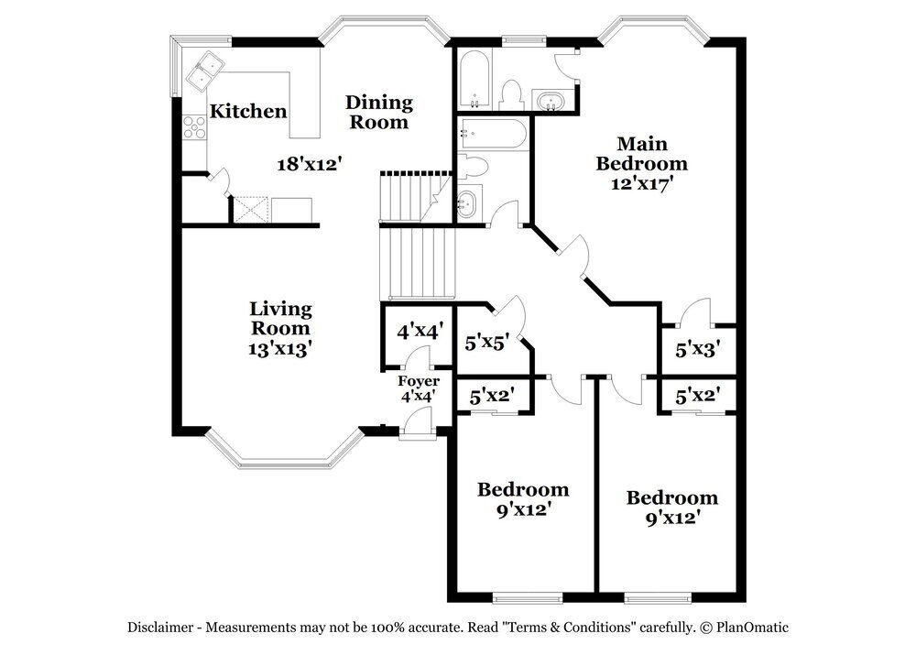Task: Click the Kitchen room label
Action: tap(248, 112)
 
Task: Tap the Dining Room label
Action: tap(378, 112)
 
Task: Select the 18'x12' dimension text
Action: tap(310, 164)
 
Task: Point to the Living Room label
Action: tap(281, 318)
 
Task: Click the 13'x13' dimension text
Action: tap(281, 348)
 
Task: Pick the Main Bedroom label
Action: tap(641, 153)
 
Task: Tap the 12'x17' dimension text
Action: tap(641, 182)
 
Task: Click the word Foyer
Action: tap(418, 381)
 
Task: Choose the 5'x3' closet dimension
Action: tap(698, 349)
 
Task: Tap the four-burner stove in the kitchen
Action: tap(194, 126)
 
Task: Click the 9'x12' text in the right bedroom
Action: tap(671, 518)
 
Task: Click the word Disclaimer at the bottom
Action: tap(161, 628)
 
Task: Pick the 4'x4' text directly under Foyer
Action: tap(417, 397)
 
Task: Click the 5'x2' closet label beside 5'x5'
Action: tap(491, 397)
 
